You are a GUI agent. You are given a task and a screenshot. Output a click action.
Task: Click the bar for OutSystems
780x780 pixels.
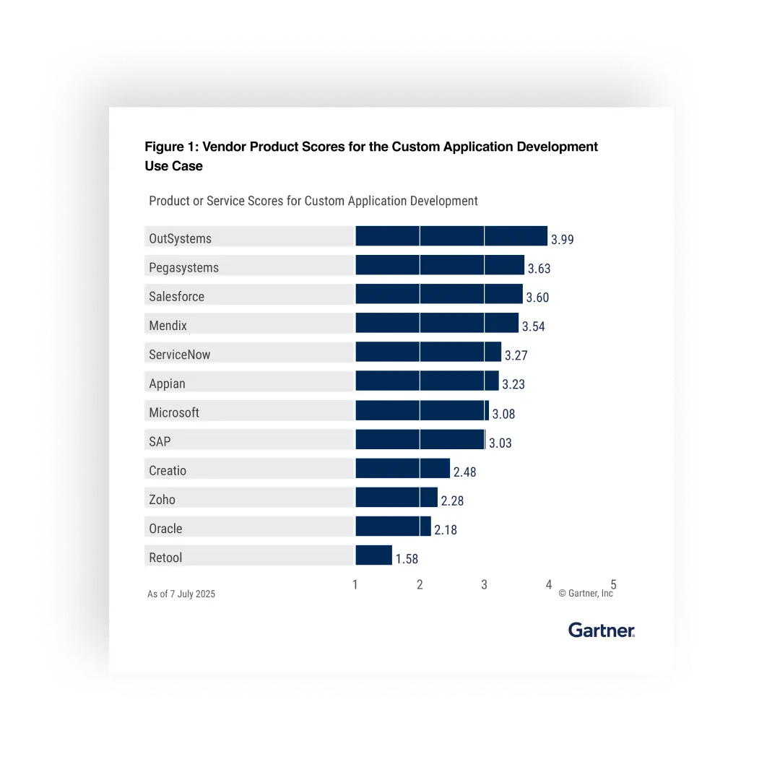point(451,236)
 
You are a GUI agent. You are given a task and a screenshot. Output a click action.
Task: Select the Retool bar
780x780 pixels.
point(373,555)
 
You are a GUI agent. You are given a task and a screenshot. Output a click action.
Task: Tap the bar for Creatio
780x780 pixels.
point(402,469)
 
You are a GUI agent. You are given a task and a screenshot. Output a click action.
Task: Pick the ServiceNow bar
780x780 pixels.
point(428,352)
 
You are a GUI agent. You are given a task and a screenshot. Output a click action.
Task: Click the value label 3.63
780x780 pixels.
point(539,269)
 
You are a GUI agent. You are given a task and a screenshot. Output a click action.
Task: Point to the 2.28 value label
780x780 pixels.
point(452,500)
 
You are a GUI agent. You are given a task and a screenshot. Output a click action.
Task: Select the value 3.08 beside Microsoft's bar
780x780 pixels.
point(503,414)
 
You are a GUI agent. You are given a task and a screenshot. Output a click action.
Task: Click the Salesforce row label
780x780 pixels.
point(176,297)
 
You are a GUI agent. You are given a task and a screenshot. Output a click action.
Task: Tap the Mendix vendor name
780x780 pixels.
point(168,326)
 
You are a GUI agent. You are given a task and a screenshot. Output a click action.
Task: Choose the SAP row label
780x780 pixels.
point(160,441)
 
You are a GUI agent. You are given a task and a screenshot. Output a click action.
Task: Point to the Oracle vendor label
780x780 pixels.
point(165,529)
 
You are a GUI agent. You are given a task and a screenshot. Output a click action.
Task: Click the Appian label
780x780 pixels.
point(167,383)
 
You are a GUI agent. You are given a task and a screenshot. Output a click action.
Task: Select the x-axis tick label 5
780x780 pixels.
point(613,584)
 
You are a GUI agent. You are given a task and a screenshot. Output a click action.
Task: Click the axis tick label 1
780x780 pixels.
point(355,585)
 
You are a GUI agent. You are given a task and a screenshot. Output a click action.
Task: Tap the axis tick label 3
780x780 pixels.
point(484,585)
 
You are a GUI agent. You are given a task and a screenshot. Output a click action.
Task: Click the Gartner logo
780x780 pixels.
point(602,630)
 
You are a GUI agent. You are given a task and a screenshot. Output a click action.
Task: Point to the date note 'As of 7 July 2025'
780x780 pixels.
point(181,594)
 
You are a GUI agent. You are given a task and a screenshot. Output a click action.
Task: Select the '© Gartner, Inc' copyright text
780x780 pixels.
point(585,594)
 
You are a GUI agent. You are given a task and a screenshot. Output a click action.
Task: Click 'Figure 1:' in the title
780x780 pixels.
point(171,147)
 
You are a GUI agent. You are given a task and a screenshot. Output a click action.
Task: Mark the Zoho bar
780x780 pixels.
point(396,498)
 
